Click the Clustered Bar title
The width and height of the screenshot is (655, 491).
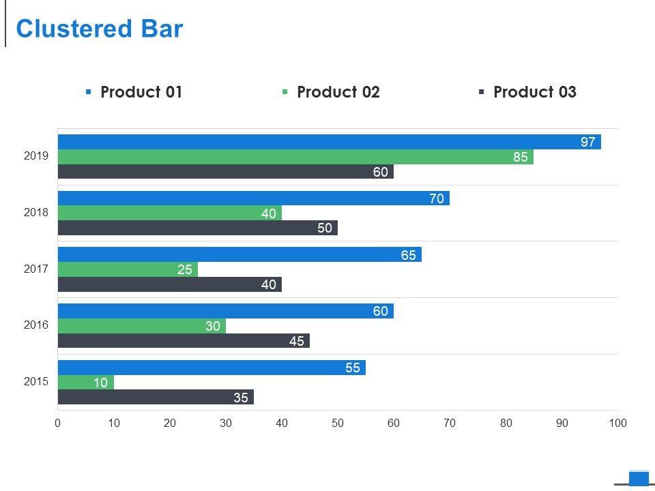pos(100,29)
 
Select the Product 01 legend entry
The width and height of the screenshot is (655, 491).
pos(134,92)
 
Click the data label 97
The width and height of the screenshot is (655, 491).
pos(588,142)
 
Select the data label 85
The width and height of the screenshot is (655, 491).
pos(521,157)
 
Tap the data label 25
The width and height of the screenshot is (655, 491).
pos(185,269)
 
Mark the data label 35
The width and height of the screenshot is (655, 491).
pos(241,398)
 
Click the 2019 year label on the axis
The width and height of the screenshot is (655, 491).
pos(36,155)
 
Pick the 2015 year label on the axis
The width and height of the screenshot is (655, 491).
pos(36,381)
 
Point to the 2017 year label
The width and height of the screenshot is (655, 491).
pos(36,269)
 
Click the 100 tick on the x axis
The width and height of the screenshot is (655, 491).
pos(617,423)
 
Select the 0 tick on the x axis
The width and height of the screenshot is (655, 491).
pos(58,423)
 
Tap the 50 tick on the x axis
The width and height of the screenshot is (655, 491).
pos(338,423)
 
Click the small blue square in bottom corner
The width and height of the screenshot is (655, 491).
pos(639,478)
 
